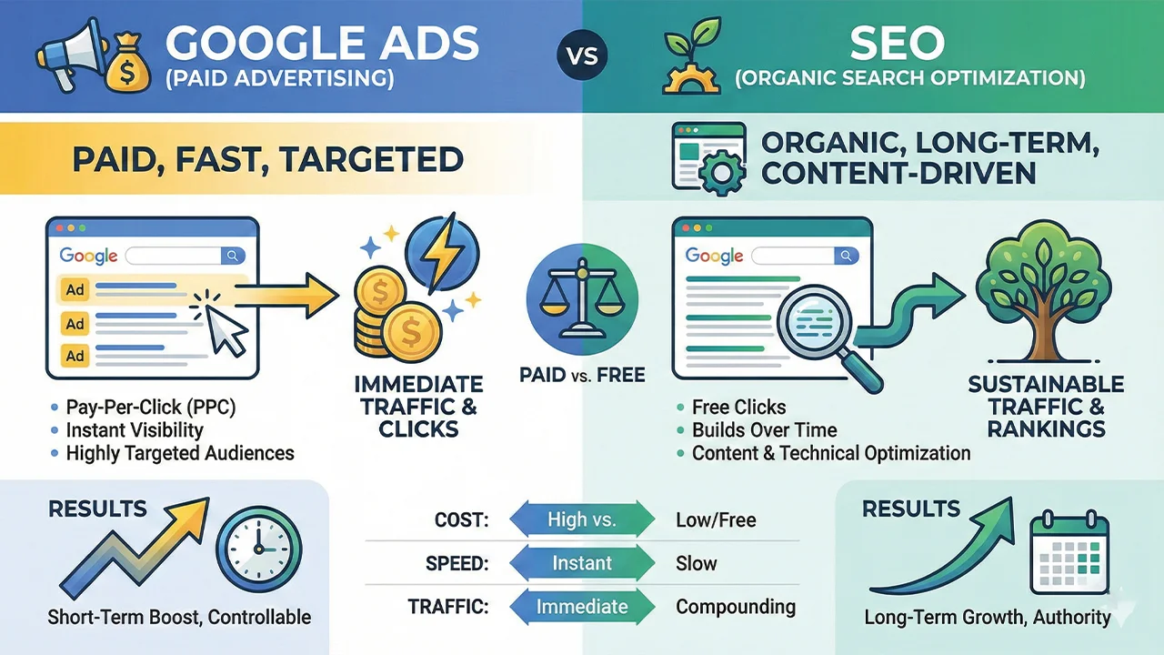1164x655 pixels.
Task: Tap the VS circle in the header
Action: coord(581,55)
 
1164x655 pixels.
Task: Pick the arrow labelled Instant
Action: coord(582,563)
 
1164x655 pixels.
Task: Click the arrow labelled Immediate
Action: coord(582,607)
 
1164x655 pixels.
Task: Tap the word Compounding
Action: coord(736,607)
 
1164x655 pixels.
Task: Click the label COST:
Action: coord(463,520)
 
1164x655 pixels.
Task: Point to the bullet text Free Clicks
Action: coord(738,407)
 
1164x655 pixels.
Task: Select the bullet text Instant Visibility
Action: coord(135,430)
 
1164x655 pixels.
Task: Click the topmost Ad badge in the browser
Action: coord(75,290)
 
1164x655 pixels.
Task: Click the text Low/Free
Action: coord(716,520)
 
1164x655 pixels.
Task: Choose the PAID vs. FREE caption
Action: coord(582,375)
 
